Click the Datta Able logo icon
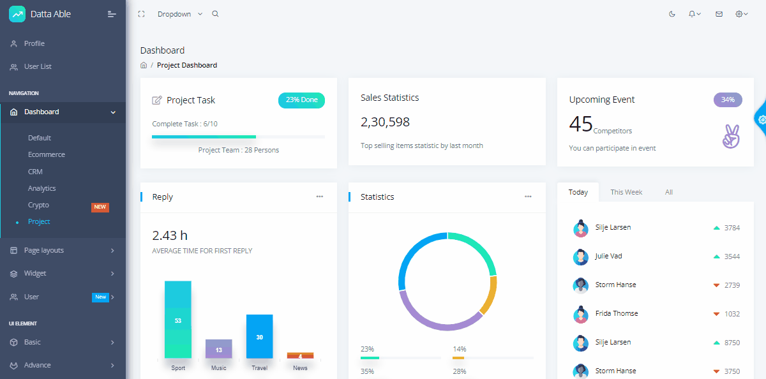coord(17,14)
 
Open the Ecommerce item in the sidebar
coord(47,154)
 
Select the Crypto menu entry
coord(38,205)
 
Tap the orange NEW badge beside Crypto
coord(100,207)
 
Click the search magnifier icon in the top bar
coord(215,14)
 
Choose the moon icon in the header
coord(672,14)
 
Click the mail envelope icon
coord(719,14)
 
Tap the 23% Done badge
coord(301,100)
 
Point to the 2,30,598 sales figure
coord(385,122)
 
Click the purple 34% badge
coord(728,100)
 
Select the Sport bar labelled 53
coord(178,320)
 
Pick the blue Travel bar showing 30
coord(260,336)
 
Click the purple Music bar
coord(219,348)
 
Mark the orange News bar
coord(300,355)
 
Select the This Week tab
coord(626,192)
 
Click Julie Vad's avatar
coord(581,257)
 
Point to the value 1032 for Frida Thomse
coord(732,314)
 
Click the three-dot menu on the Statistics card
coord(528,197)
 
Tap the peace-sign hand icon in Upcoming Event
coord(731,137)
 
